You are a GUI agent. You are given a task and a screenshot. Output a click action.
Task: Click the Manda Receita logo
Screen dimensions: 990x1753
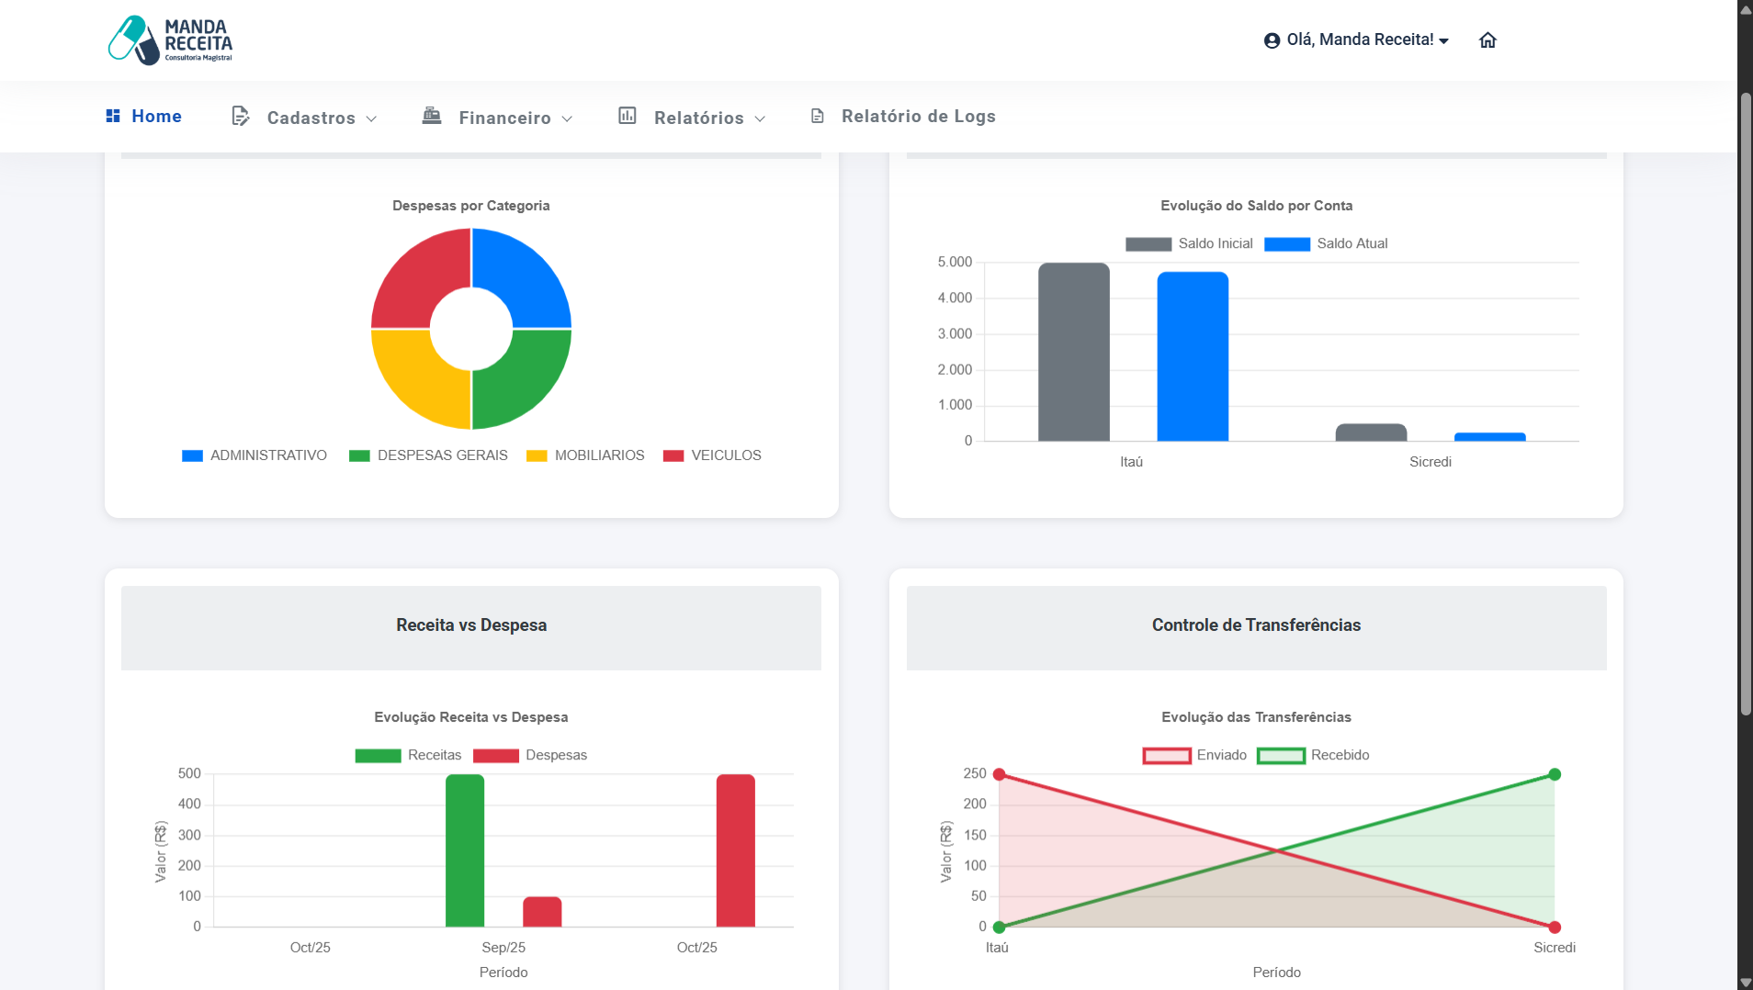click(x=171, y=40)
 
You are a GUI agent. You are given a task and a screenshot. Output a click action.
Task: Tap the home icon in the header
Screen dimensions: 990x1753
click(x=1487, y=40)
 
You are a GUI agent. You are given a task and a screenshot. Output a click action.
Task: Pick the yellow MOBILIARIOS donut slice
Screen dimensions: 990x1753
click(x=414, y=381)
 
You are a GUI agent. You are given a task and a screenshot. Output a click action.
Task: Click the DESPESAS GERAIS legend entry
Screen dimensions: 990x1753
click(x=428, y=456)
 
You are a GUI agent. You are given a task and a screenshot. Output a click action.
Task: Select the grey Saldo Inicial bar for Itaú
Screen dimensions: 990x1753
click(x=1073, y=353)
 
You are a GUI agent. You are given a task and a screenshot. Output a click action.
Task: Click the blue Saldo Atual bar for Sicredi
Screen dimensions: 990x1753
click(x=1489, y=437)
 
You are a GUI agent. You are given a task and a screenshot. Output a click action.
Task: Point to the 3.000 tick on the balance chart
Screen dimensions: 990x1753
click(x=955, y=334)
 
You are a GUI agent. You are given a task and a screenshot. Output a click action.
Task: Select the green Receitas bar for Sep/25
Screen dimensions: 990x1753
click(x=465, y=850)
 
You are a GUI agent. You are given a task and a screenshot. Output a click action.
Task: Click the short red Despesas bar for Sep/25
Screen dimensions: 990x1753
click(x=542, y=912)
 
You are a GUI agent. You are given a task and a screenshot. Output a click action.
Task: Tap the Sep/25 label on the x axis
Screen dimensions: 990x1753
click(x=503, y=948)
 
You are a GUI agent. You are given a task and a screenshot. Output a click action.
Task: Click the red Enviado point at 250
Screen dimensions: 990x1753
click(x=1000, y=775)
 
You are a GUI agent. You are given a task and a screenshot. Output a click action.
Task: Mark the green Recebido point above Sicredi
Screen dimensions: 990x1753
click(x=1555, y=775)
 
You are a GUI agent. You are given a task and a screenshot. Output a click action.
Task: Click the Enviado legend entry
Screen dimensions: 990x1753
click(x=1195, y=756)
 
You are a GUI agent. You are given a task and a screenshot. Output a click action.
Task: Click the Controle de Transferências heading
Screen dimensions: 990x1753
click(x=1256, y=625)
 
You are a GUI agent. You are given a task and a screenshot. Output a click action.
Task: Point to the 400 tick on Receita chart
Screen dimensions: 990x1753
click(x=189, y=804)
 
